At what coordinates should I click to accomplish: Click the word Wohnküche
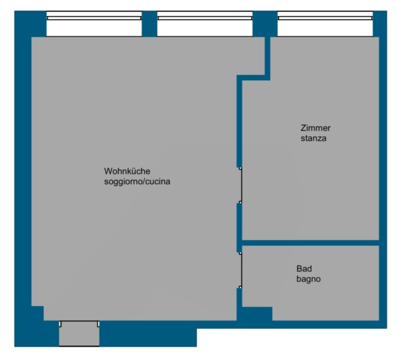(x=127, y=171)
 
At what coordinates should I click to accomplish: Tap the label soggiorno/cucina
(x=137, y=181)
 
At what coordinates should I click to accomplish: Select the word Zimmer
(x=316, y=128)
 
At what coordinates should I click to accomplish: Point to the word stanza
(x=313, y=138)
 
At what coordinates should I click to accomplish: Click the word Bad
(x=304, y=268)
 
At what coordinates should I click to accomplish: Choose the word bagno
(x=308, y=279)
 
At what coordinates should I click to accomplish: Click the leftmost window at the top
(x=94, y=24)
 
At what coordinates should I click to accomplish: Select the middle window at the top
(x=205, y=24)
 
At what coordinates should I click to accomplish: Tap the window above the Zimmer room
(x=325, y=24)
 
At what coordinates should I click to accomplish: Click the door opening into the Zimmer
(x=241, y=185)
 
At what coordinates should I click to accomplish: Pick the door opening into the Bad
(x=241, y=270)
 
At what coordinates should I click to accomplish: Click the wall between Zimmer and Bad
(x=310, y=243)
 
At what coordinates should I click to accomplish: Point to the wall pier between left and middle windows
(x=149, y=24)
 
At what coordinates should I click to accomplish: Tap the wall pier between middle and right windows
(x=265, y=24)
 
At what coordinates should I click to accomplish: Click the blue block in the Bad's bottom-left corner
(x=257, y=314)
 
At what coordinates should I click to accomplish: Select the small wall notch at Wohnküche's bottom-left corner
(x=37, y=313)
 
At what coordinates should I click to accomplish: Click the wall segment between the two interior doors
(x=239, y=228)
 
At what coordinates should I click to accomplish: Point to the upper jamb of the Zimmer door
(x=240, y=168)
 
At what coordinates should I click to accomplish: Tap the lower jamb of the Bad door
(x=240, y=287)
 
